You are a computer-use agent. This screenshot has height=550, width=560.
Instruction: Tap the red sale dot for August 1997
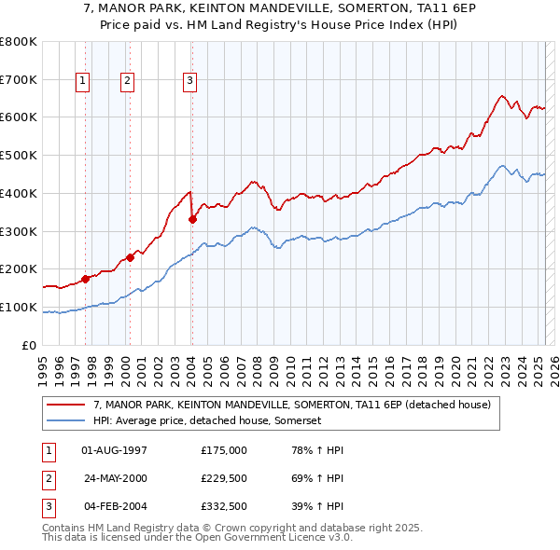[x=85, y=278]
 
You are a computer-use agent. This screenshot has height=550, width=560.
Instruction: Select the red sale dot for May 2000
[x=130, y=257]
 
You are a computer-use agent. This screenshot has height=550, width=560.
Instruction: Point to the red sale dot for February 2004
[x=192, y=219]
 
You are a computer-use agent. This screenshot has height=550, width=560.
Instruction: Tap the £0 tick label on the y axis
[x=28, y=345]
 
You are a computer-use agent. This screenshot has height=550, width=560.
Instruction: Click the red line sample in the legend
[x=65, y=406]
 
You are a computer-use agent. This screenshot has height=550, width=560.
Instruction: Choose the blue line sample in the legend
[x=65, y=420]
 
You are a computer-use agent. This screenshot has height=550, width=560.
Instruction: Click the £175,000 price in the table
[x=224, y=449]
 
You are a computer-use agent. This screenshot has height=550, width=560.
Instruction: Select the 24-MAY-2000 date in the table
[x=115, y=479]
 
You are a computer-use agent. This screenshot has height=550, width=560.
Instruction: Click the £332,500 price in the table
[x=224, y=508]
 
